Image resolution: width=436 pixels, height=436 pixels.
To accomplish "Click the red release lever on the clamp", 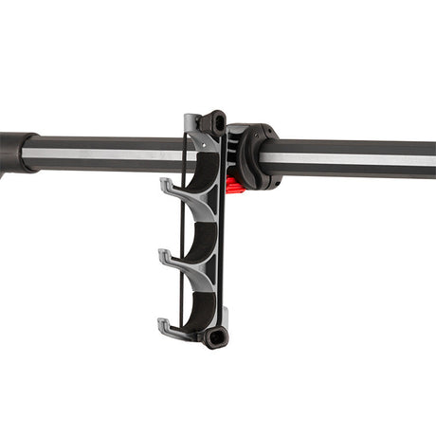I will pyautogui.click(x=235, y=185).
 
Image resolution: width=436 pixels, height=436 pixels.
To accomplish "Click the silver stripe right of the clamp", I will pyautogui.click(x=351, y=158).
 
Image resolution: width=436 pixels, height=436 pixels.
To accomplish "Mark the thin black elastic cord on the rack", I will pyautogui.click(x=182, y=227).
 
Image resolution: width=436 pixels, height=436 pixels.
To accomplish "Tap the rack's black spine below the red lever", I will pyautogui.click(x=225, y=256).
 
